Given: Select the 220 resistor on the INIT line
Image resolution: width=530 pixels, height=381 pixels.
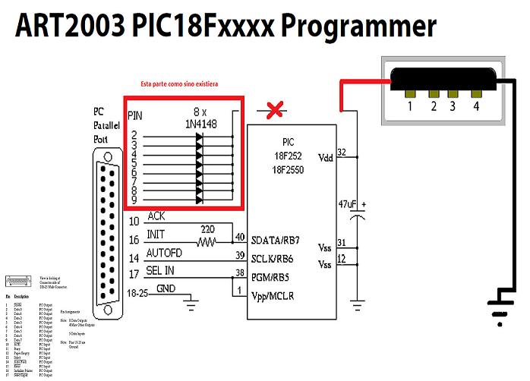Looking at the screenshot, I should click(206, 243).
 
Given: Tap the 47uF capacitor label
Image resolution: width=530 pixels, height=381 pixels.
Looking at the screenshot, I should click(347, 205).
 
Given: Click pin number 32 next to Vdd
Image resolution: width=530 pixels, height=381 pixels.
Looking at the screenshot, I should click(342, 153).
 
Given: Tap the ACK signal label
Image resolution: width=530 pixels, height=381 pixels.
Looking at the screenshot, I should click(156, 216).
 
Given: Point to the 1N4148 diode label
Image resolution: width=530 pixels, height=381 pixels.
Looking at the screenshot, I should click(200, 123).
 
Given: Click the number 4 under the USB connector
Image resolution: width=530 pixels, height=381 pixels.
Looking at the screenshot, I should click(476, 106).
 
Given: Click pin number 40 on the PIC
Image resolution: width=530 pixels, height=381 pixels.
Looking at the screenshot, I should click(240, 238).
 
